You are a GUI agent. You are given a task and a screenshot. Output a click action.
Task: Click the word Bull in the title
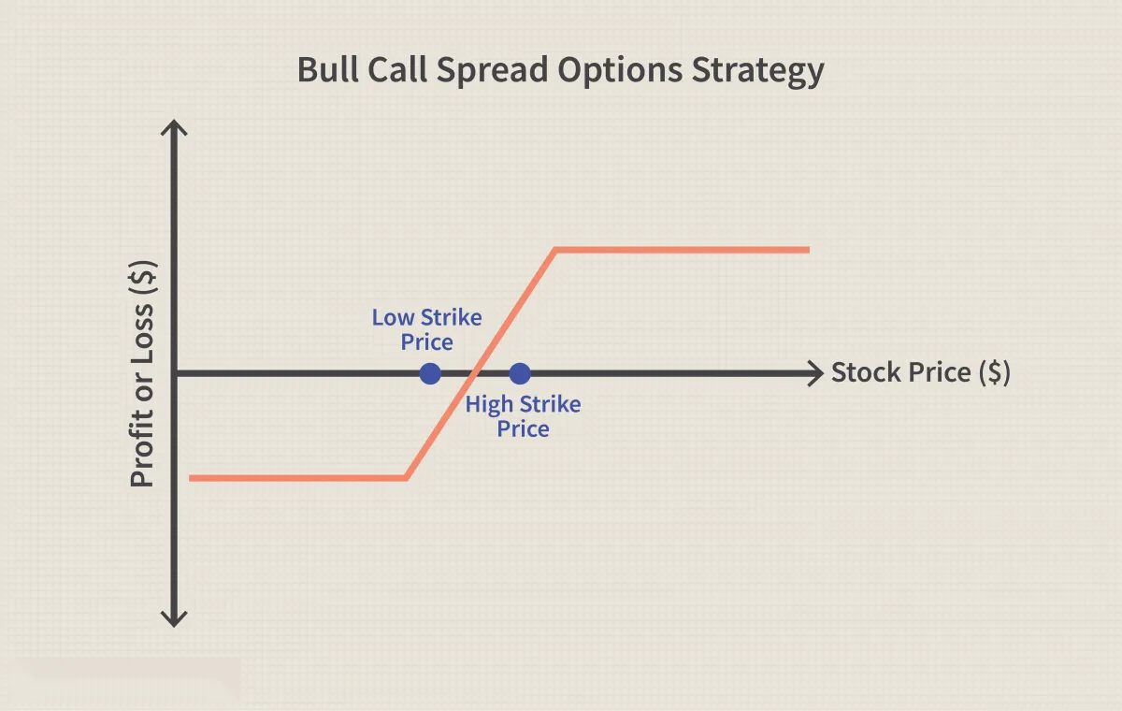pyautogui.click(x=327, y=69)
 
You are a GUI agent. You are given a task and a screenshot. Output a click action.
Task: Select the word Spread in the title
pyautogui.click(x=493, y=71)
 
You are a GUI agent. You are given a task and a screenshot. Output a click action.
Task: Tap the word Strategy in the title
pyautogui.click(x=758, y=71)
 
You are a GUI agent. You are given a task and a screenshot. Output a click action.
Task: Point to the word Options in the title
pyautogui.click(x=620, y=71)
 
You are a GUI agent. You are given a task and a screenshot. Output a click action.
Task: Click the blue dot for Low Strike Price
pyautogui.click(x=430, y=374)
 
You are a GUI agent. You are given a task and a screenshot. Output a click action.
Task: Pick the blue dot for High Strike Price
pyautogui.click(x=520, y=374)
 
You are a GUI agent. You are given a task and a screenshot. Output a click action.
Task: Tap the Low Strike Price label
pyautogui.click(x=426, y=329)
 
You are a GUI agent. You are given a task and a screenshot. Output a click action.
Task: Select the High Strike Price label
pyautogui.click(x=523, y=416)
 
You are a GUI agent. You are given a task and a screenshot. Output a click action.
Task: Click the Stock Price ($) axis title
pyautogui.click(x=921, y=372)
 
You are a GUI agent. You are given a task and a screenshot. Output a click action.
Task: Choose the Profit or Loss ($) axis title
pyautogui.click(x=142, y=374)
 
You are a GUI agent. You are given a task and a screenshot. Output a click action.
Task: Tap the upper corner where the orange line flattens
pyautogui.click(x=555, y=250)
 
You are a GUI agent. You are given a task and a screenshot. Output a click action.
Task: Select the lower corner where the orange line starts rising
pyautogui.click(x=406, y=478)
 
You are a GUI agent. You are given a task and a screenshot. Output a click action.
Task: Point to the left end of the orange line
pyautogui.click(x=189, y=478)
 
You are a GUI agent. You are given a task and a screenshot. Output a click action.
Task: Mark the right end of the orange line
pyautogui.click(x=810, y=250)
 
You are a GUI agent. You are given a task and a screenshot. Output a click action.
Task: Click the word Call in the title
pyautogui.click(x=397, y=69)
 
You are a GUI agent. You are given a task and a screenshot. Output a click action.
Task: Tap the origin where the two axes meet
pyautogui.click(x=174, y=374)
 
